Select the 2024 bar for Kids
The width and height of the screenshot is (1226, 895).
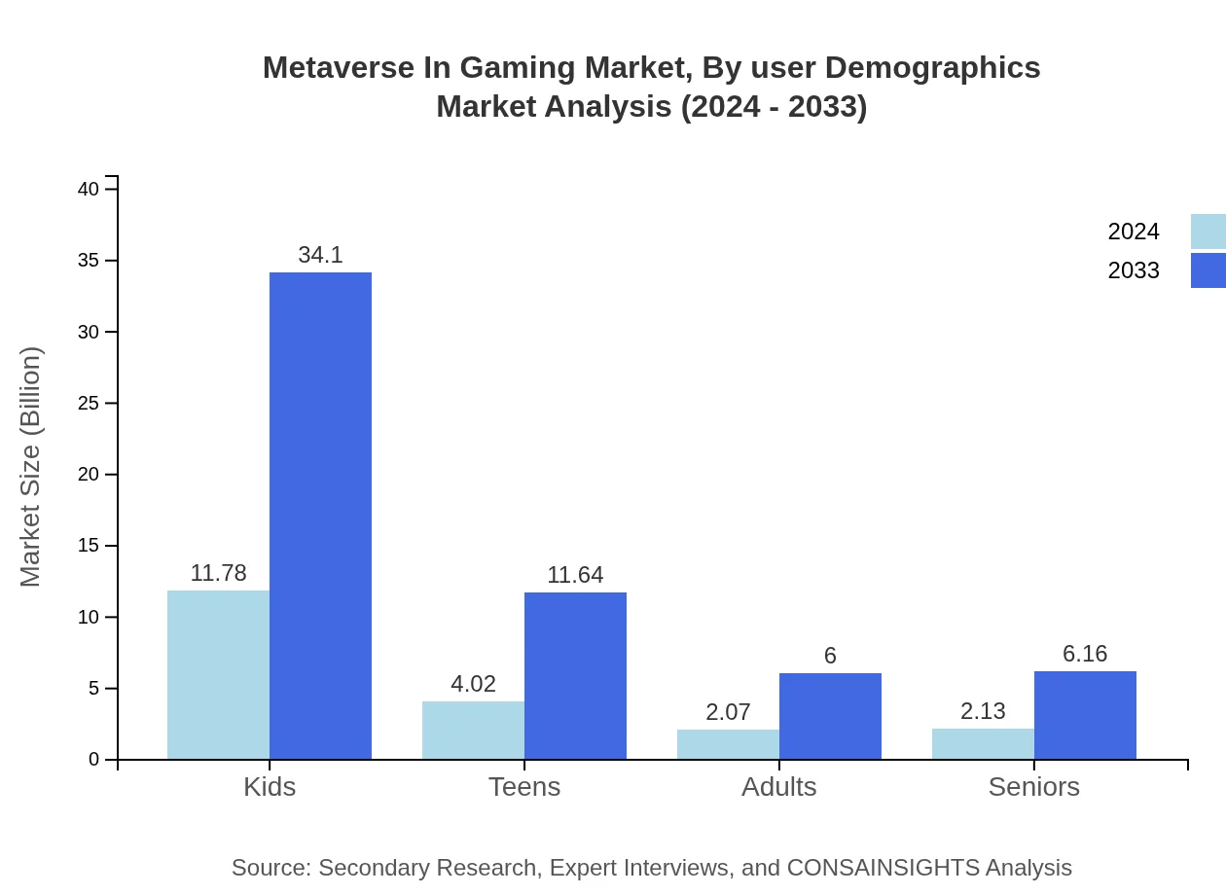coord(218,674)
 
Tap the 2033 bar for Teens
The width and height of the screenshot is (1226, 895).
coord(575,675)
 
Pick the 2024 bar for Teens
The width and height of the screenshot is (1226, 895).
coord(473,730)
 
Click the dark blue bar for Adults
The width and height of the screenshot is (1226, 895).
coord(830,716)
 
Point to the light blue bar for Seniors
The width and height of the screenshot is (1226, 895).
coord(983,743)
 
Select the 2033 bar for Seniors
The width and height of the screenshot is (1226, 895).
coord(1085,715)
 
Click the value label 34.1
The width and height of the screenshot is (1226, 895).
coord(320,255)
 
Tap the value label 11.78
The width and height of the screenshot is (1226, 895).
coord(218,573)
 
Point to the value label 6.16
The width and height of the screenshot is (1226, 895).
coord(1085,654)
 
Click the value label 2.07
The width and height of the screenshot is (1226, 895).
coord(728,712)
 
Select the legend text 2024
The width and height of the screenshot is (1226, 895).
coord(1134,232)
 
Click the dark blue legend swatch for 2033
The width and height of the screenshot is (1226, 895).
coord(1208,270)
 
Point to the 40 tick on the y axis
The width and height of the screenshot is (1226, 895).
coord(89,189)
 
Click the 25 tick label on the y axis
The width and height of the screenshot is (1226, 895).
coord(89,403)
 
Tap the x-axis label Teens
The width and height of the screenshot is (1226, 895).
coord(524,786)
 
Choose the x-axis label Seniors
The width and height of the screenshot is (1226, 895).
coord(1033,786)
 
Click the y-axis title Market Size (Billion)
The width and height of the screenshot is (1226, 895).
coord(31,467)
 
